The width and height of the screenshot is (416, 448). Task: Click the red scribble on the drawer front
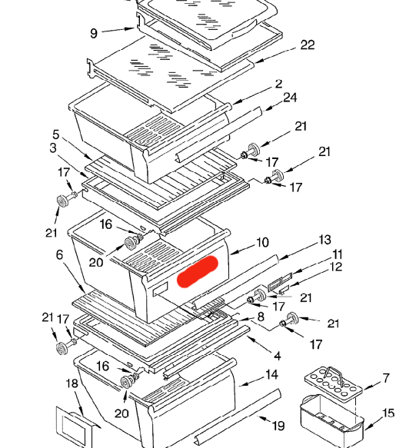tap(198, 271)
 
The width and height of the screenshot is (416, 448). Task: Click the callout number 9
tap(94, 34)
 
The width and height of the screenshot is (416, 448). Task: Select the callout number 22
tap(308, 45)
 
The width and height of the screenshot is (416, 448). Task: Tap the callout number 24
tap(290, 98)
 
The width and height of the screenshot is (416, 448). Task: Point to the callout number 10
tap(262, 243)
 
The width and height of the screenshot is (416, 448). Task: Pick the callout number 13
tap(324, 240)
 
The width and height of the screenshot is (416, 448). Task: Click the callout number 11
tap(337, 254)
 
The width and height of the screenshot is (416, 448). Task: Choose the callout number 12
tap(336, 267)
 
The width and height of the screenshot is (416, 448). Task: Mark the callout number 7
tap(386, 378)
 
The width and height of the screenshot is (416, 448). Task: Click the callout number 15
tap(388, 413)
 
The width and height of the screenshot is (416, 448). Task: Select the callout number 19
tap(278, 426)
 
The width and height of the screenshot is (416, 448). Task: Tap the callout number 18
tap(72, 383)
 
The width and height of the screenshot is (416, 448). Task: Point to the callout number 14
tap(271, 374)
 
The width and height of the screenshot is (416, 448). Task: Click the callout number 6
tap(59, 254)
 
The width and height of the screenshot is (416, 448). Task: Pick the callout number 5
tap(56, 134)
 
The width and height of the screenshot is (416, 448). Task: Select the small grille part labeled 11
tap(280, 281)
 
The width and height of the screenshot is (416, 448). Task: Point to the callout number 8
tap(261, 317)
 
